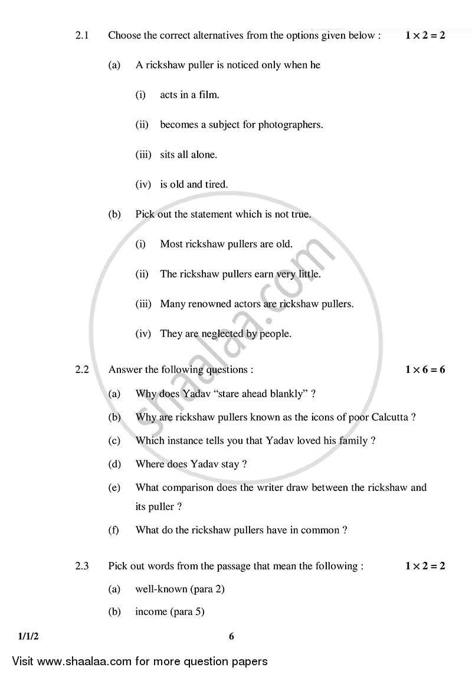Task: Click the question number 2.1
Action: point(81,35)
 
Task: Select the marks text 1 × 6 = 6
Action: point(425,370)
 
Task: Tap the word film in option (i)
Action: point(207,94)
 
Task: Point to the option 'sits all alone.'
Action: point(188,155)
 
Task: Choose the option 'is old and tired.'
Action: point(194,185)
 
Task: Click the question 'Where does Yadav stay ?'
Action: point(191,465)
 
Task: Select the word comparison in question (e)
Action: point(188,488)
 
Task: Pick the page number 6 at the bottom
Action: point(231,636)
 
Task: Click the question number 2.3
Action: point(81,567)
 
